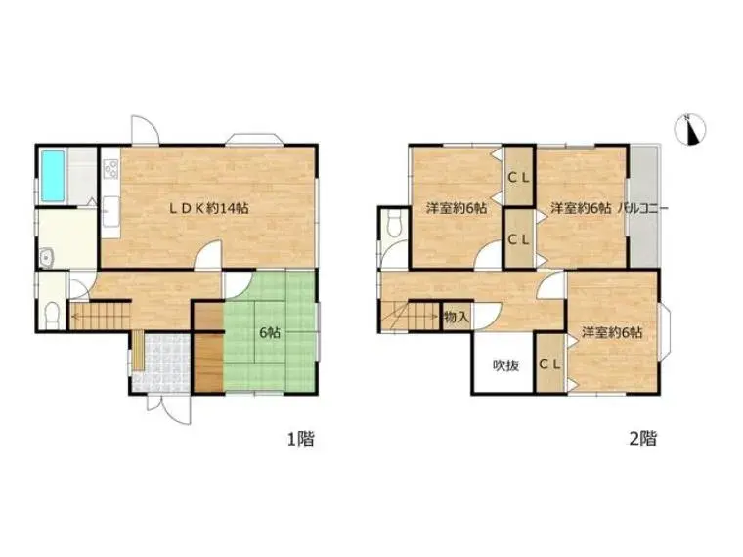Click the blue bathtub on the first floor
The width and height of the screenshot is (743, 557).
pos(53,176)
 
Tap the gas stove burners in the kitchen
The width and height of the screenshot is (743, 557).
pos(111,170)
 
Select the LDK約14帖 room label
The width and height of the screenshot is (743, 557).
pos(209,208)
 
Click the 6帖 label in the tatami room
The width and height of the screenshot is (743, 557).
pos(270,332)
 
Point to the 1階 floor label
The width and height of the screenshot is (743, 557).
pos(301,439)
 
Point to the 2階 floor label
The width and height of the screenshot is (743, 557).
pos(643,439)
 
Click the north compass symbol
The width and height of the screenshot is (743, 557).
pos(690,129)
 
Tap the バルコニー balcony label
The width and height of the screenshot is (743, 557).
pos(642,208)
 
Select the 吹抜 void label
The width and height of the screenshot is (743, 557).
pos(505,365)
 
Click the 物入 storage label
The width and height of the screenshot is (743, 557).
pos(457,317)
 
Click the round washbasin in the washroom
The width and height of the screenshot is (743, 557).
pos(46,259)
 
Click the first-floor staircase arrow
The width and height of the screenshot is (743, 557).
pos(101,313)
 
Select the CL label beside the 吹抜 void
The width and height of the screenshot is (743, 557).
pos(549,364)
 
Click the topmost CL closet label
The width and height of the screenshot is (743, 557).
pos(519,178)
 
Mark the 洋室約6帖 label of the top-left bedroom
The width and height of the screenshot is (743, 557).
pos(457,208)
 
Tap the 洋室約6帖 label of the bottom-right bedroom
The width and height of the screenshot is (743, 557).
pos(612,332)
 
